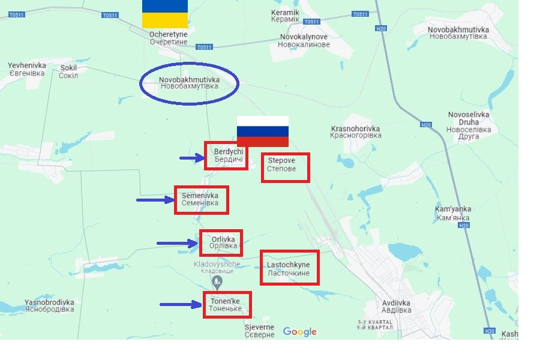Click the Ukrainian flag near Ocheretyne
click(x=165, y=14)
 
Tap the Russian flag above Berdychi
click(x=263, y=131)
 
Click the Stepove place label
click(x=281, y=165)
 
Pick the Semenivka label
click(x=200, y=199)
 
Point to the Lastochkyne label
click(x=289, y=269)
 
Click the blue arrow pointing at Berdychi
click(x=192, y=158)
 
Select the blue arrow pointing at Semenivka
click(x=155, y=200)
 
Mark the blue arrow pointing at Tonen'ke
click(x=180, y=305)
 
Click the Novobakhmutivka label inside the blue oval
click(x=189, y=83)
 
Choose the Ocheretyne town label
click(x=169, y=38)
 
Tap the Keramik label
click(x=285, y=16)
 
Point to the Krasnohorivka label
click(x=356, y=132)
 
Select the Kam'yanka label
click(x=453, y=212)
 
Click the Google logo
click(x=299, y=332)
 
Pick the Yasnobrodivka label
click(x=49, y=306)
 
